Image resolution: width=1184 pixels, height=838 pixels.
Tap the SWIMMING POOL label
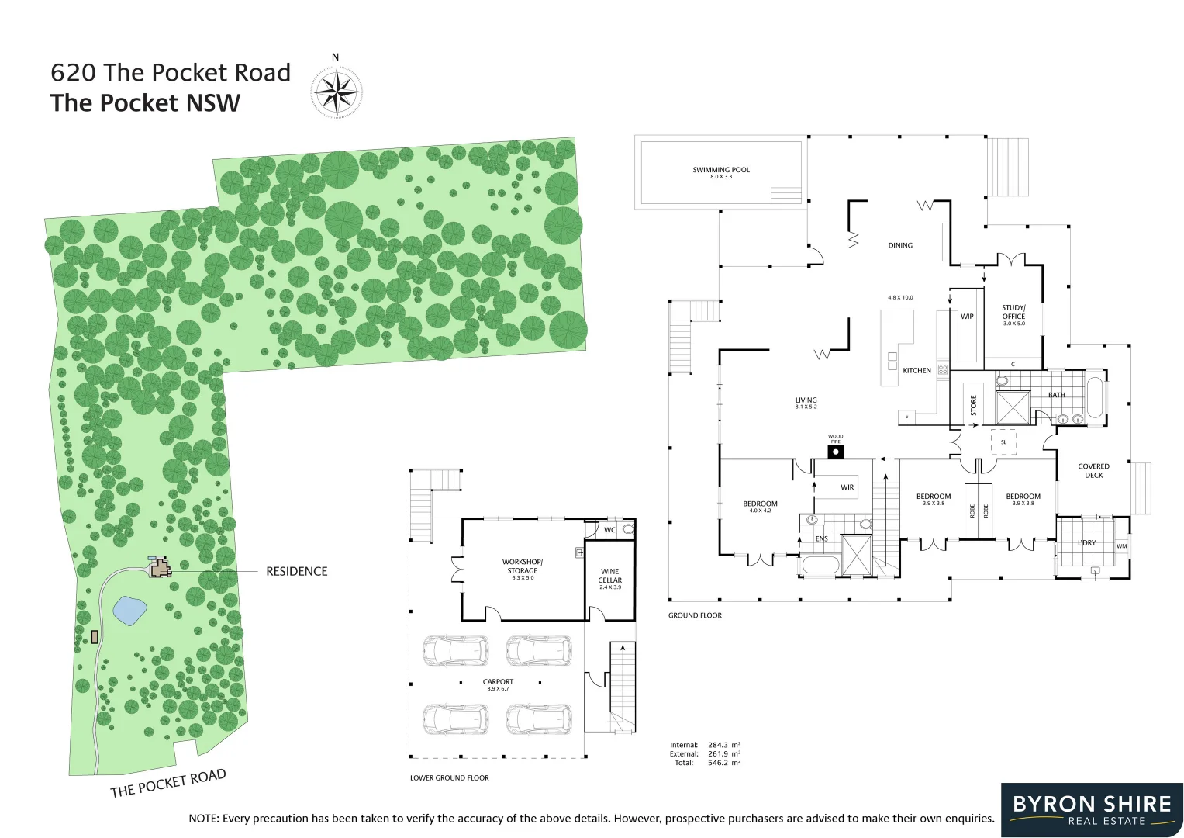(721, 170)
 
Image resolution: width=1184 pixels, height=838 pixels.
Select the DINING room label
(900, 245)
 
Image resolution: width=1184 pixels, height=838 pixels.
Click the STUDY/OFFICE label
(1013, 312)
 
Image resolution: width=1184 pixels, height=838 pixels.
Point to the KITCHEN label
(916, 371)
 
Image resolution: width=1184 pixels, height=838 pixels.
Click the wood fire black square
(835, 452)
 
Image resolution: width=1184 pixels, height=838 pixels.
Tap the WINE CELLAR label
(609, 576)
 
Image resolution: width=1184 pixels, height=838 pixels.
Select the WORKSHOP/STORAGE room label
(522, 566)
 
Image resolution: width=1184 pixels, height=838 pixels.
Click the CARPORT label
(498, 682)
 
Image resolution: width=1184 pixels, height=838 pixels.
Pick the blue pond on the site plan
(129, 611)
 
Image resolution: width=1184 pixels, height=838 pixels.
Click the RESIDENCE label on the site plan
(296, 572)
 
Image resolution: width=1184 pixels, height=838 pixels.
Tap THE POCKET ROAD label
(168, 784)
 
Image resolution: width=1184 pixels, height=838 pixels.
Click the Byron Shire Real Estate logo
(1092, 810)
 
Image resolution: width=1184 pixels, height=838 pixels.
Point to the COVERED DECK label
(1093, 471)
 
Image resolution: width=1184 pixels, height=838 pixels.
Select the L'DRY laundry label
(1086, 543)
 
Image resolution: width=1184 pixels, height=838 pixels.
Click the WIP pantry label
(967, 317)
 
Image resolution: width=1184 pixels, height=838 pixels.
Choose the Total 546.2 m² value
(723, 763)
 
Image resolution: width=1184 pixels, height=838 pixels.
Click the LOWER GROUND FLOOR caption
(450, 777)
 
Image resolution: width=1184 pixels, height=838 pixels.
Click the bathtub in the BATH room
(1094, 397)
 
